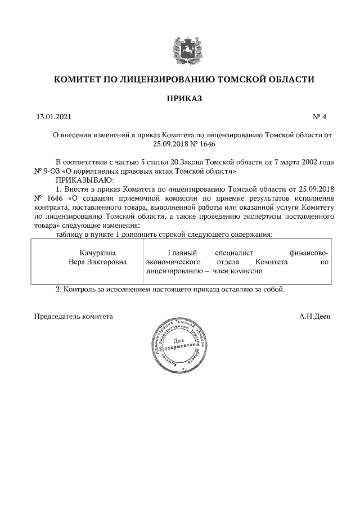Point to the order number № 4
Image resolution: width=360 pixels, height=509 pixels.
pyautogui.click(x=319, y=117)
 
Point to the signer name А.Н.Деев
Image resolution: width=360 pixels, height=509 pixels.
pyautogui.click(x=315, y=316)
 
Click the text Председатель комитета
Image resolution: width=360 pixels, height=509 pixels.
pyautogui.click(x=74, y=316)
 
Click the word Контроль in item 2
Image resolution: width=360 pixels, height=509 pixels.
pyautogui.click(x=80, y=290)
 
